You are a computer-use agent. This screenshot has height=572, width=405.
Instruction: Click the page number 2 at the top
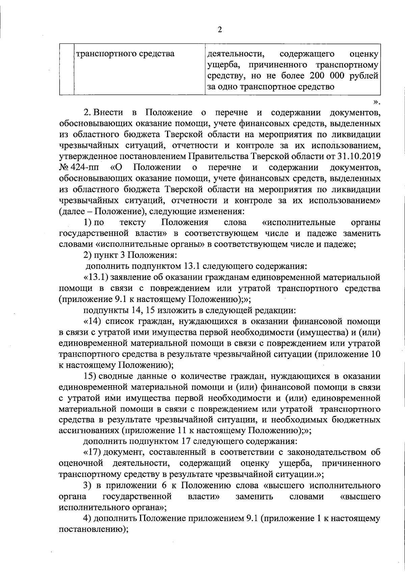tap(220, 30)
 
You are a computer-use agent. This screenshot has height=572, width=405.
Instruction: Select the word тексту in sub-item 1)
tap(133, 222)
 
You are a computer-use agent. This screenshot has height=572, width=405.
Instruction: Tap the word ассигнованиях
tap(89, 430)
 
